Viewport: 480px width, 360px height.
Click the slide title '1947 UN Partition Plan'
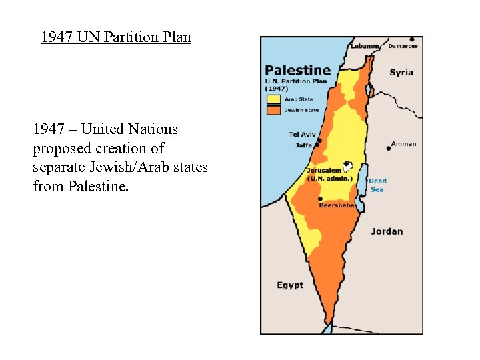click(116, 37)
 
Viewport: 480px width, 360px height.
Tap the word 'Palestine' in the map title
click(297, 70)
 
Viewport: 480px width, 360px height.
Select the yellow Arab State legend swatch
click(274, 99)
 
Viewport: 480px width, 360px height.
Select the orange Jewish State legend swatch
click(274, 109)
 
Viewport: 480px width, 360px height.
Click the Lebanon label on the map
click(365, 46)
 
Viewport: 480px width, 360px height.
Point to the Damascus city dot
click(412, 39)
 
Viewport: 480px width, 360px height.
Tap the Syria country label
click(401, 72)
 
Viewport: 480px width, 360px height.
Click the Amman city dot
click(389, 148)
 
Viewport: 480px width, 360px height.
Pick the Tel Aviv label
click(302, 134)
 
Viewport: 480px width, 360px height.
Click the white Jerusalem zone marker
click(347, 164)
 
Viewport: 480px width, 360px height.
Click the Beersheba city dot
click(321, 199)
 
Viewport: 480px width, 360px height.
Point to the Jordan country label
click(387, 231)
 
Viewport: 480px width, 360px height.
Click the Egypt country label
click(290, 285)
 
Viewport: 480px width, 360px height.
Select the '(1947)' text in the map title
click(277, 88)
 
